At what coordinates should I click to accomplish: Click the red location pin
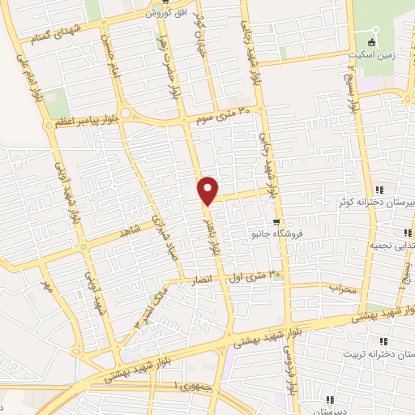(208, 190)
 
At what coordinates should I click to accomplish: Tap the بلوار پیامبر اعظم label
(84, 122)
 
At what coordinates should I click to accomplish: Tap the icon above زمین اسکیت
(372, 41)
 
